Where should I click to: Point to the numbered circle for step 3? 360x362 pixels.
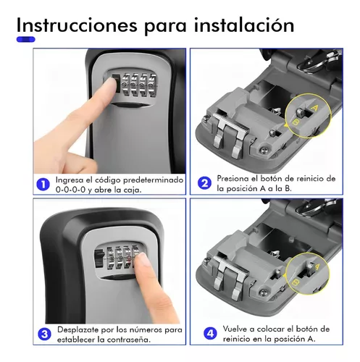pos(43,333)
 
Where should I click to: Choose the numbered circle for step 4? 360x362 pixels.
pos(209,333)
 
